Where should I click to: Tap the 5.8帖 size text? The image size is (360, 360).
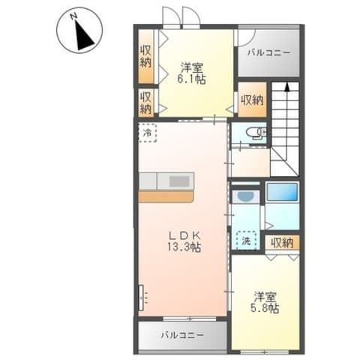[265, 307]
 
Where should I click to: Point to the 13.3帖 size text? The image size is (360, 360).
[182, 245]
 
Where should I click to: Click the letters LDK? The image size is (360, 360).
[182, 232]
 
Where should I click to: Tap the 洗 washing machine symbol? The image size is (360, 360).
[245, 241]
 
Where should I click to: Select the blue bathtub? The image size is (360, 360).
[283, 193]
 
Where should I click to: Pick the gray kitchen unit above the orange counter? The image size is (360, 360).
[166, 181]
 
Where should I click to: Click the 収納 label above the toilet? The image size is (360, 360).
[253, 100]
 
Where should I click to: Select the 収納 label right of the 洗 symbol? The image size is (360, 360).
[282, 242]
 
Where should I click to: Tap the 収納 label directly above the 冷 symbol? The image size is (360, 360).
[146, 102]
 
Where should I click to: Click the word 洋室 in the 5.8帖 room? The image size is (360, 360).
[265, 295]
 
